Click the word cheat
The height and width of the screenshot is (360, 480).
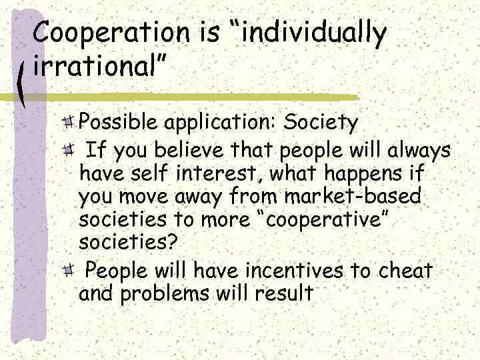point(406,271)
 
